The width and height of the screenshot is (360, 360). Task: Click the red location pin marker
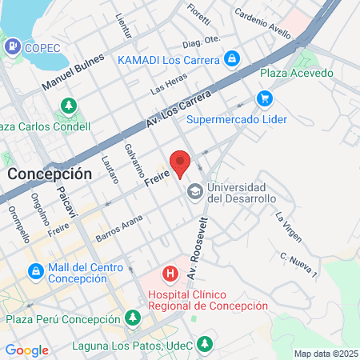181,162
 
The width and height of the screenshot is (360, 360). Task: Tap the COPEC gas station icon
12,47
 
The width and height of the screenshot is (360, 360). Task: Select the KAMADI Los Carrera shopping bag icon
231,59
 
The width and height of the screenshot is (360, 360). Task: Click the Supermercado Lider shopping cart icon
265,98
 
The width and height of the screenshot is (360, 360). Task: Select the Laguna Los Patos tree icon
206,344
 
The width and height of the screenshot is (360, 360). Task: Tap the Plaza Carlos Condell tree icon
69,106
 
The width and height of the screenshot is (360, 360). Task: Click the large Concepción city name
49,173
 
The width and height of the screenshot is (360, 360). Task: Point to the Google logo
26,350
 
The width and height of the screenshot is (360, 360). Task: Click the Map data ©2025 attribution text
326,354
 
